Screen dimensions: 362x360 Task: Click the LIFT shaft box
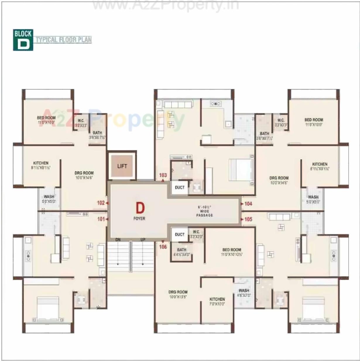coord(122,166)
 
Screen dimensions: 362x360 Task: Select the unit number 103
coord(163,175)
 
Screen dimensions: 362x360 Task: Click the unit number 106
coord(163,247)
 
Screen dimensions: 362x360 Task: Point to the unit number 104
coord(248,204)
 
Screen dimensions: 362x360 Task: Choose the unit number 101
coord(101,219)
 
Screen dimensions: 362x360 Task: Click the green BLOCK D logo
coord(23,40)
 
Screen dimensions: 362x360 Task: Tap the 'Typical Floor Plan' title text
coord(64,40)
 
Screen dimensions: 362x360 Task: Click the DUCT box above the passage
coord(180,187)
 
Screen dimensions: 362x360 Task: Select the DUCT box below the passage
coord(180,234)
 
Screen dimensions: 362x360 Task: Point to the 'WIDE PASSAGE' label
coord(205,213)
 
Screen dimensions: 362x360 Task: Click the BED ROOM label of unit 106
coord(232,250)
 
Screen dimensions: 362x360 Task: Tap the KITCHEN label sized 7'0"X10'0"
coord(217,299)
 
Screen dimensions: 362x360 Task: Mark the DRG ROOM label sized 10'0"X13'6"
coord(178,292)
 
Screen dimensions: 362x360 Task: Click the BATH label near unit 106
coord(182,250)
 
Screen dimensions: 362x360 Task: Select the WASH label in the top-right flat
coord(313,197)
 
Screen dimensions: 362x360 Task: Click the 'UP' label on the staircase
coord(143,240)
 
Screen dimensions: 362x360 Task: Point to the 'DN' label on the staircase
coord(118,240)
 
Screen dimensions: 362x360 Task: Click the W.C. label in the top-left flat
coord(81,121)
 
